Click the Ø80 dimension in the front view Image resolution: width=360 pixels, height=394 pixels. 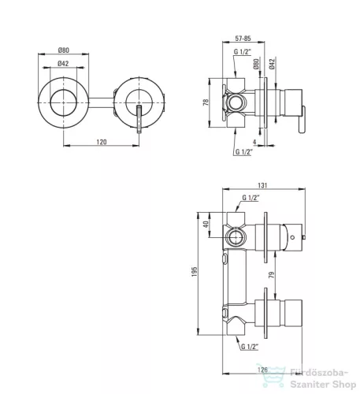click(64, 50)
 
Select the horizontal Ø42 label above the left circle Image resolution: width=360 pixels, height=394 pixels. click(63, 64)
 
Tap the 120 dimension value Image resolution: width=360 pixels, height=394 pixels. click(102, 142)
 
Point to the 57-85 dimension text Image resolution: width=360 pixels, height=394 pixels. click(243, 39)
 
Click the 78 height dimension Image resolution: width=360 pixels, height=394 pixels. click(206, 102)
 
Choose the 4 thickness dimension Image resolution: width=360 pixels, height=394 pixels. click(254, 142)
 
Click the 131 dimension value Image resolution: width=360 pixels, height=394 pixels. click(262, 185)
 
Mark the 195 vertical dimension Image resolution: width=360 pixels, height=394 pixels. click(194, 272)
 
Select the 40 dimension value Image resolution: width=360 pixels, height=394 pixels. click(206, 225)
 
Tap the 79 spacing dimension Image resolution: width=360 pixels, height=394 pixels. click(272, 275)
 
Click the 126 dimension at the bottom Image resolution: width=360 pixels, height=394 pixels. click(262, 370)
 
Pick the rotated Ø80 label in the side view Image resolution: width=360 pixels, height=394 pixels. click(256, 64)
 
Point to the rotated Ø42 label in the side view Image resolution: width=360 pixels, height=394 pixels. click(272, 64)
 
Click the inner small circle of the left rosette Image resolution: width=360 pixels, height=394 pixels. click(64, 90)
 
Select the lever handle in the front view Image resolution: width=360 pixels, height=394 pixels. click(139, 119)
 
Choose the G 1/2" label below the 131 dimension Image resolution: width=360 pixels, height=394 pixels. click(251, 198)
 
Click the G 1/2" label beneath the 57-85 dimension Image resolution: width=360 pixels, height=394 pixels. click(243, 52)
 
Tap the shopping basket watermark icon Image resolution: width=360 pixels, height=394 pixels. click(271, 375)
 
